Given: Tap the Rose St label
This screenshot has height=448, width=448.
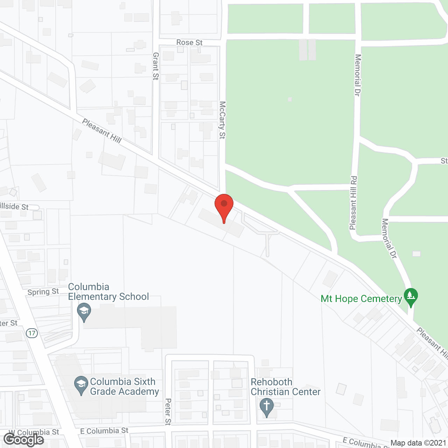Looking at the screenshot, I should point(189,42).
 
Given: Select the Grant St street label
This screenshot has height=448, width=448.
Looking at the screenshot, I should point(156,66).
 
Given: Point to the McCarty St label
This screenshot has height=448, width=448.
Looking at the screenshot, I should point(222,120).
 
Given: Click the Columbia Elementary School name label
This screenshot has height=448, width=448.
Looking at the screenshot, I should point(108,292).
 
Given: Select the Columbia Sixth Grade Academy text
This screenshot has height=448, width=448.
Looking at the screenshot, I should point(124,386).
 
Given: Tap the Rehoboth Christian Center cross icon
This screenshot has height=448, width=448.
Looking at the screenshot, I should point(267,407).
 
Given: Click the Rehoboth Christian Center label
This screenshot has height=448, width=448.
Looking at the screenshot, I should point(285,387).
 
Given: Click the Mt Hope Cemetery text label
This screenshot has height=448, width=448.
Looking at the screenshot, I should point(361,299).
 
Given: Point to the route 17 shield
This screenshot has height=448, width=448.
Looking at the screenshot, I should point(32,333).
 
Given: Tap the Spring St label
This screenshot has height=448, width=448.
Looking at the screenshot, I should point(43,292).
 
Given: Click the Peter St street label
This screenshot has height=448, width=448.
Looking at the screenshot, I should point(168,412).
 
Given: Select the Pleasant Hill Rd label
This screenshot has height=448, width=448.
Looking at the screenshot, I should point(353,203).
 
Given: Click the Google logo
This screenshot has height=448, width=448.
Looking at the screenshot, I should point(23,440).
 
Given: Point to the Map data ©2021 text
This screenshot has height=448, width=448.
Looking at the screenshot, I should point(418,443).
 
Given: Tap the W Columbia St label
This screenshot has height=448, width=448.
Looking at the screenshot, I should point(34,433).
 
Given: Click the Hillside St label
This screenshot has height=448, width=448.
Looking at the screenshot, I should point(14,206).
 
